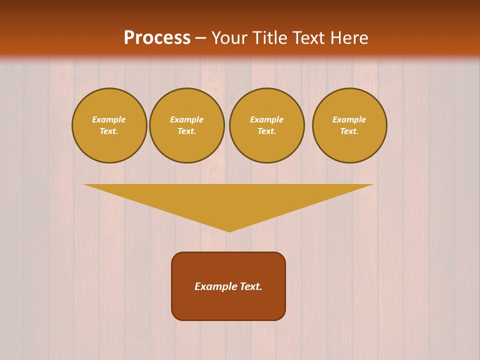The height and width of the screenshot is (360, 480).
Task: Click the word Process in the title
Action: click(x=157, y=38)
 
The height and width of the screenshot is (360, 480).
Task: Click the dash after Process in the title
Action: click(x=200, y=38)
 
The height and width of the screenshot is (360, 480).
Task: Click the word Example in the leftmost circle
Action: click(x=109, y=119)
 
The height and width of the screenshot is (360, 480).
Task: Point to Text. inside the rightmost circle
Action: click(x=349, y=131)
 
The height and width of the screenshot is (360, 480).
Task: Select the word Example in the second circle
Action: click(x=187, y=119)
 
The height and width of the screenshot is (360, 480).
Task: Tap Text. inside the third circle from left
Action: click(x=267, y=131)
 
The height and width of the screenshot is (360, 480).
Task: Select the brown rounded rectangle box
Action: click(x=228, y=305)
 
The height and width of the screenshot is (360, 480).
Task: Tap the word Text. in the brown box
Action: click(x=250, y=286)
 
